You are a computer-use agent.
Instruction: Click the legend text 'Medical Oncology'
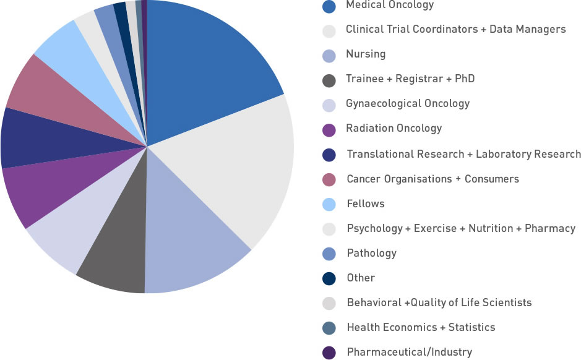point(390,5)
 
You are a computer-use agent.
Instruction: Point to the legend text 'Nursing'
point(366,54)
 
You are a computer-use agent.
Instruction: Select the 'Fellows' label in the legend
point(365,204)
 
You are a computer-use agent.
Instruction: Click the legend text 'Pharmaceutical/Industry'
point(409,352)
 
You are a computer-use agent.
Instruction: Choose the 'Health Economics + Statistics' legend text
point(421,327)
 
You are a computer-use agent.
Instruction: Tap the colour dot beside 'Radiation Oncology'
point(330,129)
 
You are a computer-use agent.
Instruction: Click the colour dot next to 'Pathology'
point(330,253)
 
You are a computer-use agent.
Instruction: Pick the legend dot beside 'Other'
point(330,278)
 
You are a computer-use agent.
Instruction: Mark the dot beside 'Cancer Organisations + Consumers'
point(330,179)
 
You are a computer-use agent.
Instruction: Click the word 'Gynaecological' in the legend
point(381,104)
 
